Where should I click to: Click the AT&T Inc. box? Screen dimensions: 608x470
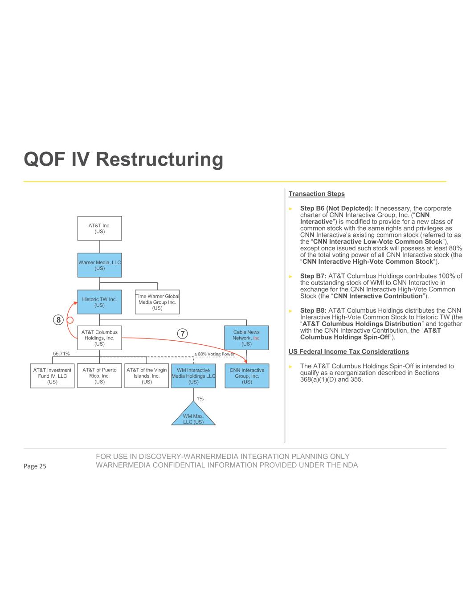(99, 229)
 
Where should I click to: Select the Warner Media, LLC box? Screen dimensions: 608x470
(99, 265)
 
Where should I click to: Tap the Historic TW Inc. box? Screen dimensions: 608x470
(99, 302)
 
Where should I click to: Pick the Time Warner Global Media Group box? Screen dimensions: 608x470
(157, 302)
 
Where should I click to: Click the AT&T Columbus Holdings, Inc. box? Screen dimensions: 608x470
(99, 338)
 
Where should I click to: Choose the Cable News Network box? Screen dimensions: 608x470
(246, 338)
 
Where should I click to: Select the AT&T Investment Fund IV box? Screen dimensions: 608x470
(52, 376)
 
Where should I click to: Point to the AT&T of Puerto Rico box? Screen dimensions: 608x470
(99, 375)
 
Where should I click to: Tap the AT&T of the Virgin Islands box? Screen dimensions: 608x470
(147, 375)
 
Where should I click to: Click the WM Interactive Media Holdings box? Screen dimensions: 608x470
(193, 376)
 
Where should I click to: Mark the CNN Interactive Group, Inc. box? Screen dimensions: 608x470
(247, 376)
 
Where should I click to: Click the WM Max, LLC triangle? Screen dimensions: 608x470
(193, 417)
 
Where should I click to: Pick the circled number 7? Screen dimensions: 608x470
(181, 333)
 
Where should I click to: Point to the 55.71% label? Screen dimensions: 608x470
(61, 354)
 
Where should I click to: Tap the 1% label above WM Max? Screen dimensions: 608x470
(200, 399)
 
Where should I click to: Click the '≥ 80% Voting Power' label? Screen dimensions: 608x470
(214, 354)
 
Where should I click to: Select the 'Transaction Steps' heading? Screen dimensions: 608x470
(316, 194)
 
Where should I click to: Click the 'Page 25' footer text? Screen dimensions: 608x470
(35, 466)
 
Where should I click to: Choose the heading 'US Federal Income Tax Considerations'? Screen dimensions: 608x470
(348, 351)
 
